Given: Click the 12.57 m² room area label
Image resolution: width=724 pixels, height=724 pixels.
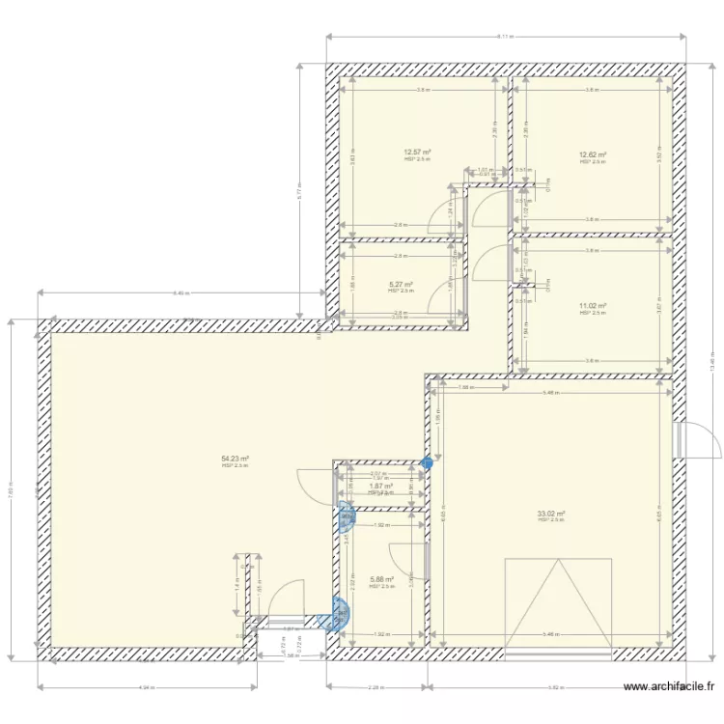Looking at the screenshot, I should [417, 153].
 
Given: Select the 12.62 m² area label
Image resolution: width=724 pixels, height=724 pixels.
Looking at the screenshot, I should [592, 154].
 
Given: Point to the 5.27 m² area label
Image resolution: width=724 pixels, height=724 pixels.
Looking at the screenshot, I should [401, 284].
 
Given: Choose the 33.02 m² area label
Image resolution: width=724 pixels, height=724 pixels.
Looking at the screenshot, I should [551, 514].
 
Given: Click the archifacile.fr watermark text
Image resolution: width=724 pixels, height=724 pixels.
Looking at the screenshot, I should [669, 687].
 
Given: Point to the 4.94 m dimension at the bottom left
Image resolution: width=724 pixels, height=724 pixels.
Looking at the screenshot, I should [147, 687].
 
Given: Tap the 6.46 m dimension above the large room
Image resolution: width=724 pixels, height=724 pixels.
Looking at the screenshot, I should [181, 292].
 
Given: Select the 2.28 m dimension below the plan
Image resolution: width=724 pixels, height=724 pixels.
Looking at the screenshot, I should [376, 687].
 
